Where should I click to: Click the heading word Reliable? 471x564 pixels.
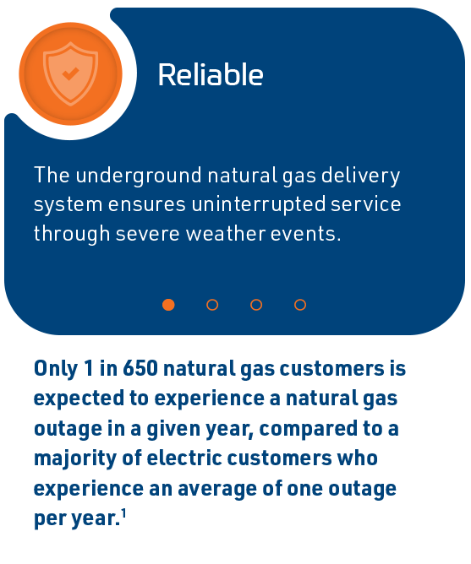(211, 74)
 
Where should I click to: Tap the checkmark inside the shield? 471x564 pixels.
(71, 73)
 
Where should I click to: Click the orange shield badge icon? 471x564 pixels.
(71, 73)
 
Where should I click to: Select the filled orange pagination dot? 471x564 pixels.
(168, 305)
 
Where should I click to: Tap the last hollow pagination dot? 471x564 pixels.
(300, 305)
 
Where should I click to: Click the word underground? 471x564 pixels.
(139, 176)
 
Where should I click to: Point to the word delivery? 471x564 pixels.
(360, 176)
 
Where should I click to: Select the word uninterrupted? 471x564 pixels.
(259, 205)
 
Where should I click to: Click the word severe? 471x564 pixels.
(148, 234)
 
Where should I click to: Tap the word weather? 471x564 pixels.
(225, 233)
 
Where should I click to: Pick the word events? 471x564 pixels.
(305, 234)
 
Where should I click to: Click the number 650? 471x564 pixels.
(140, 368)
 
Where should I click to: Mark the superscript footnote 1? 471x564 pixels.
(123, 513)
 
